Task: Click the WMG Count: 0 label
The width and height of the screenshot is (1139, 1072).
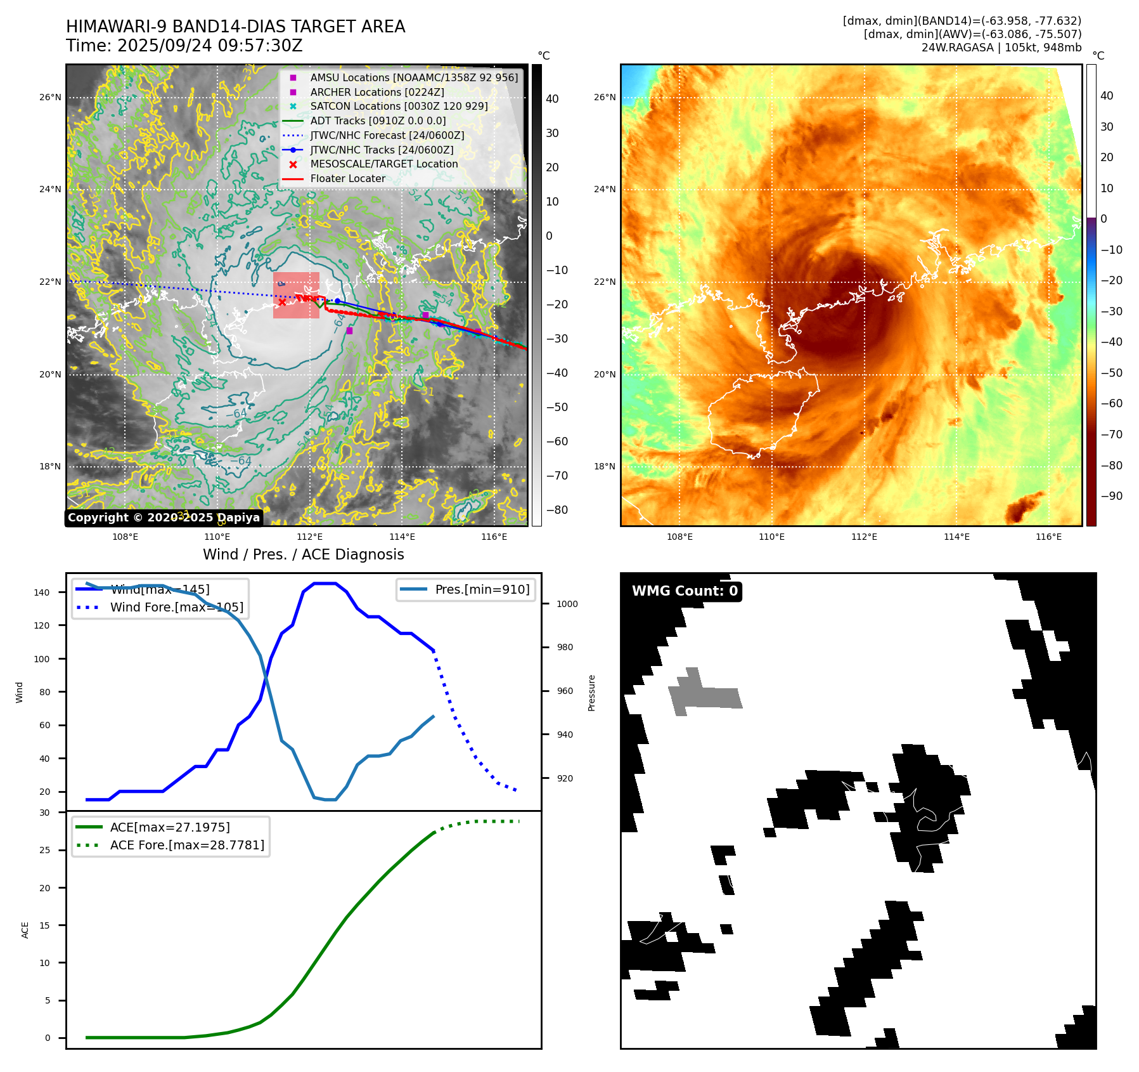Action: (685, 591)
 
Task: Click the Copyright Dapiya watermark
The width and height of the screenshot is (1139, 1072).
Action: (164, 518)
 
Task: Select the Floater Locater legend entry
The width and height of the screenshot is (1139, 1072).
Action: (347, 179)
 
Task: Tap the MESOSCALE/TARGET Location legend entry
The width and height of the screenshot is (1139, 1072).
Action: (383, 164)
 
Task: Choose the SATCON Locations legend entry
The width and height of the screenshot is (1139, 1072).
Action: (399, 107)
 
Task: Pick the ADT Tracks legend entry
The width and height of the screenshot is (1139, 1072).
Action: (378, 121)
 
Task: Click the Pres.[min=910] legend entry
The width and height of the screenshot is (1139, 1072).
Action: (482, 590)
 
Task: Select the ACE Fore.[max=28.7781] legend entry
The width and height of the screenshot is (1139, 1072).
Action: (187, 845)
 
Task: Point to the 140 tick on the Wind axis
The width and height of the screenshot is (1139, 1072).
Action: (42, 592)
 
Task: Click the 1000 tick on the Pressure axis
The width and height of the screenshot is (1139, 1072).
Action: (567, 604)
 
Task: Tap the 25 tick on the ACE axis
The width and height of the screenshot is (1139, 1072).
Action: (45, 850)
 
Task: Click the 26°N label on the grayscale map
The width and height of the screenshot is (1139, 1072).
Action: (51, 98)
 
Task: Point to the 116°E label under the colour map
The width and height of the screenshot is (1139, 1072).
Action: (1048, 537)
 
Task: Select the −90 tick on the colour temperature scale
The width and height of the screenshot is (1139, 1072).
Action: (1111, 496)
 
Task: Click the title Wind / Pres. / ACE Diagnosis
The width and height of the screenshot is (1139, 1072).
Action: (303, 554)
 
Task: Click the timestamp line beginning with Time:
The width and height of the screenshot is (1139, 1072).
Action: (184, 46)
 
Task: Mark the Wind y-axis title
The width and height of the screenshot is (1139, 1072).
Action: (20, 692)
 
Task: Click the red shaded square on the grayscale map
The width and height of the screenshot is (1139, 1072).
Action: (296, 296)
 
